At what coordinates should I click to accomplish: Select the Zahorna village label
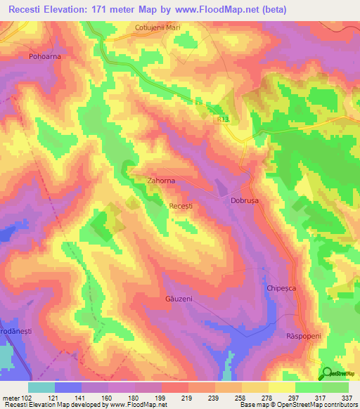click(x=162, y=181)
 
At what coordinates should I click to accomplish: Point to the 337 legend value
click(x=348, y=398)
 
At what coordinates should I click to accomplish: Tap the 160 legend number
click(x=106, y=398)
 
